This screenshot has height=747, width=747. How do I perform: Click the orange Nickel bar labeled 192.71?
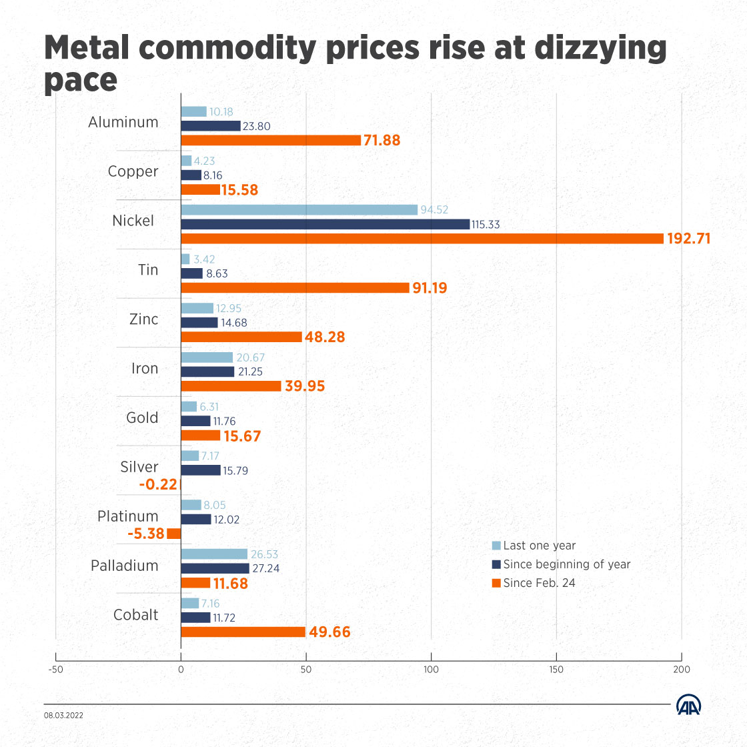pyautogui.click(x=422, y=239)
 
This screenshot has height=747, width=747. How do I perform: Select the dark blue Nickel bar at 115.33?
pyautogui.click(x=325, y=225)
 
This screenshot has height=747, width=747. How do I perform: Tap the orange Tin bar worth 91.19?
pyautogui.click(x=295, y=288)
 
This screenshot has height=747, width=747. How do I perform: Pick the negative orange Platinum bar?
pyautogui.click(x=173, y=534)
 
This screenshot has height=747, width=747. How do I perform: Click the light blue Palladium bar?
pyautogui.click(x=214, y=554)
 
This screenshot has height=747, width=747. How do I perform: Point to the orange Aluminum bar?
pyautogui.click(x=271, y=140)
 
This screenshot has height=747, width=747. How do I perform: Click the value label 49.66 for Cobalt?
pyautogui.click(x=329, y=632)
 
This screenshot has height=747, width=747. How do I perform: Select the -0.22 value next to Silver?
pyautogui.click(x=158, y=485)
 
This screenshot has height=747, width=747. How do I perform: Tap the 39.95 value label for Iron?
pyautogui.click(x=304, y=386)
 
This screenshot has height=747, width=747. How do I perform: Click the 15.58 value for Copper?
pyautogui.click(x=239, y=190)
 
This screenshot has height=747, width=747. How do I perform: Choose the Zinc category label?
pyautogui.click(x=144, y=319)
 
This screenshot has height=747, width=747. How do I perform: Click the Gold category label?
pyautogui.click(x=142, y=418)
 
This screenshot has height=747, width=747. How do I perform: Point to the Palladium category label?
pyautogui.click(x=125, y=566)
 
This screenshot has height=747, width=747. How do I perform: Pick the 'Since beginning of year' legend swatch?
pyautogui.click(x=496, y=564)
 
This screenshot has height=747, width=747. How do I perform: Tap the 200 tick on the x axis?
pyautogui.click(x=682, y=669)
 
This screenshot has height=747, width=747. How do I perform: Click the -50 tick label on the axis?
pyautogui.click(x=55, y=669)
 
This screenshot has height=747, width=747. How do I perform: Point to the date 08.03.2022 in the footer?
pyautogui.click(x=64, y=715)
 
